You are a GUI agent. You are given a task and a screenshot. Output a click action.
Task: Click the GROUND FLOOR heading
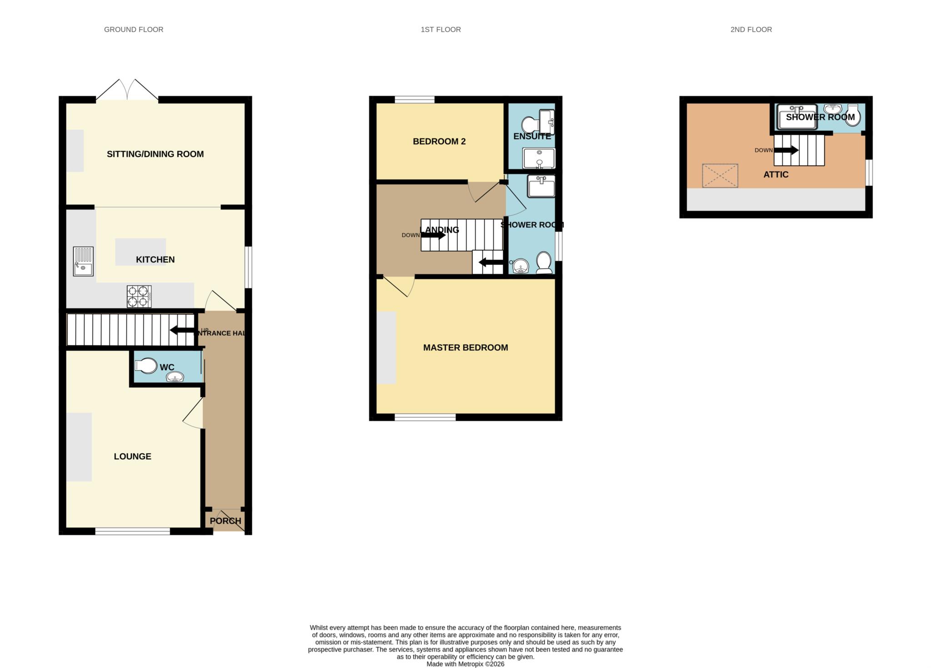click(134, 30)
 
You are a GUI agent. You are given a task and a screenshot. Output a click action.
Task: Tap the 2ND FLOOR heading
click(751, 30)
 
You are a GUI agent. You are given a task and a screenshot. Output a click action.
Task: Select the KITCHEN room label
click(155, 259)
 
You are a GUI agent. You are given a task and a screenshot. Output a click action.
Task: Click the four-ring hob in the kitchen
click(139, 296)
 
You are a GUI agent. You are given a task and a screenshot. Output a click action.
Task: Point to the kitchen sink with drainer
click(83, 261)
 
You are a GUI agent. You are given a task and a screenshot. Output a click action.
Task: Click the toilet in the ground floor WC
click(146, 365)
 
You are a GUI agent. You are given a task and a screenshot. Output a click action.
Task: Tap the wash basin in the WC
click(175, 377)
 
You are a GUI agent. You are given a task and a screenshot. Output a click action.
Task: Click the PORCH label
click(225, 521)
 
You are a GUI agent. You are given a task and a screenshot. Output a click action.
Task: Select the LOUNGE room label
click(132, 456)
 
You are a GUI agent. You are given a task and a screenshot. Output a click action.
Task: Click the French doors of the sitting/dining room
click(127, 90)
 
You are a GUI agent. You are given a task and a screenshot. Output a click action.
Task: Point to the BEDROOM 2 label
click(439, 142)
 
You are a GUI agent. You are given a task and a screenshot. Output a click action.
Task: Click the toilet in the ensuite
click(529, 124)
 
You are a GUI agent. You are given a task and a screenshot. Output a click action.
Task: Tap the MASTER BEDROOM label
click(465, 348)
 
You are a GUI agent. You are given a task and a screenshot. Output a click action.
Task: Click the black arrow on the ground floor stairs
click(182, 330)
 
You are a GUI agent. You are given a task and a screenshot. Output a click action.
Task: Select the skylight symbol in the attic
click(720, 176)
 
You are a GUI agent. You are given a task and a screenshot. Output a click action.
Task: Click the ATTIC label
click(776, 175)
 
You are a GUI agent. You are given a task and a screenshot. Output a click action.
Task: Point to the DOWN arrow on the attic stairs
click(787, 150)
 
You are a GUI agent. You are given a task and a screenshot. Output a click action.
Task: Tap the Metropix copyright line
click(465, 664)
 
